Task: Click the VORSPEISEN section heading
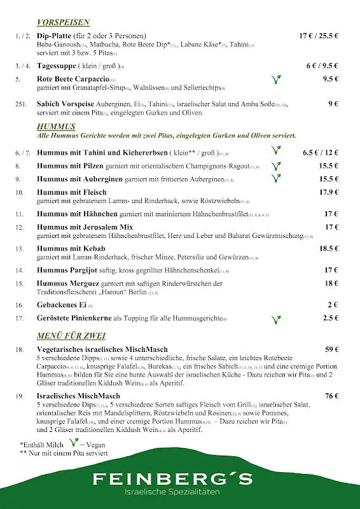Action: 63,22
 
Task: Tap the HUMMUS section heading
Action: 56,126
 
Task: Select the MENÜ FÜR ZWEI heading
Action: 71,335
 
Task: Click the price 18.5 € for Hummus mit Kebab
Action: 328,249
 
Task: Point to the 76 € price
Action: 331,396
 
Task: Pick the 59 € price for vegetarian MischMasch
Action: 331,349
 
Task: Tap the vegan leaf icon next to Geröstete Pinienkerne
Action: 276,319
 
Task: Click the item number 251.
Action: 21,104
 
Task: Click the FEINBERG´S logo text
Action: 172,479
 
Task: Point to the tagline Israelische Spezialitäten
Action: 172,494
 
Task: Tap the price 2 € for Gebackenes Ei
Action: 333,305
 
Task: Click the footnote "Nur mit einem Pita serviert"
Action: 67,453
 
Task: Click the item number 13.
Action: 20,249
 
